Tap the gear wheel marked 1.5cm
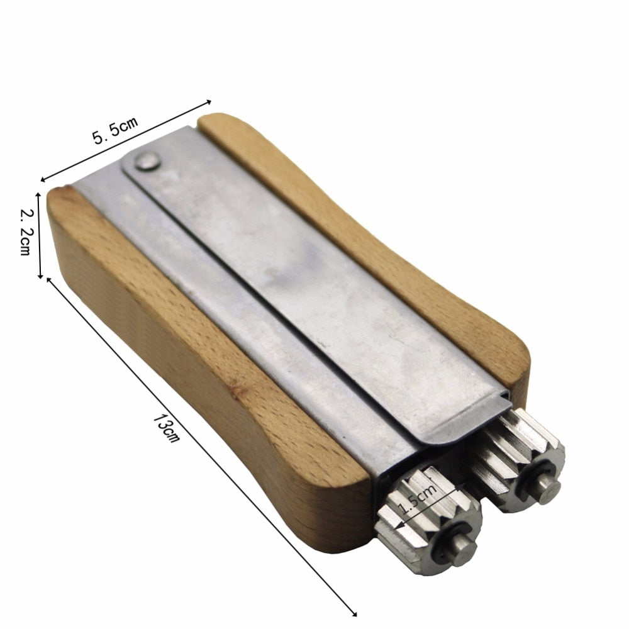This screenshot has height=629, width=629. [x=428, y=516]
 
